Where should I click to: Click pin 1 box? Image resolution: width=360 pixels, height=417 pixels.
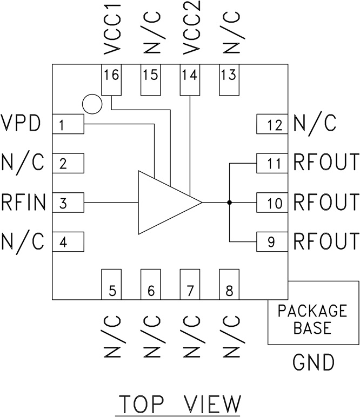tap(68, 126)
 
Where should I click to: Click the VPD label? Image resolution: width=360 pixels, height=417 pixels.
tap(21, 124)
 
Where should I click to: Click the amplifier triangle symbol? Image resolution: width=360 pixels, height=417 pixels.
tap(165, 203)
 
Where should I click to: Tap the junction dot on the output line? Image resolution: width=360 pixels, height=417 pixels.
tap(230, 203)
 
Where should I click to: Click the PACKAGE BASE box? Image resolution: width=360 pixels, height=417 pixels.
tap(313, 319)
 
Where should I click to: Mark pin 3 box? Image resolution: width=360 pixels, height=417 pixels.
tap(68, 203)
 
